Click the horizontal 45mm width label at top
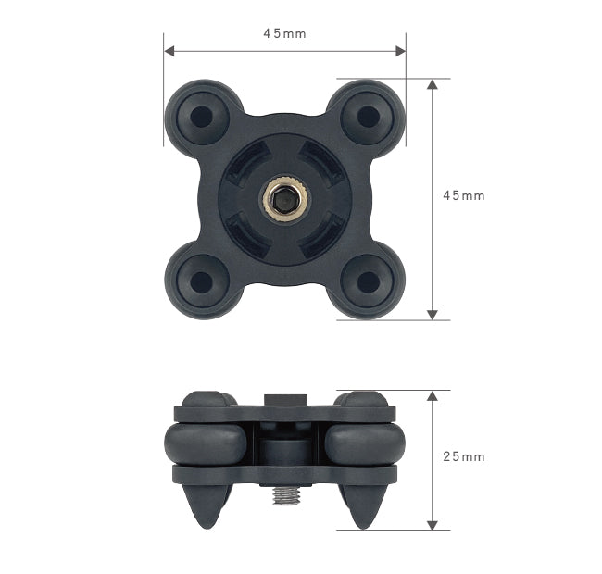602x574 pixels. coord(284,33)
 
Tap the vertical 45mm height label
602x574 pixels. coord(463,196)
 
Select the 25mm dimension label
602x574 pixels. coord(463,457)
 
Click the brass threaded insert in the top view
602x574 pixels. coord(284,198)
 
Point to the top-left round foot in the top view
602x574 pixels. coord(200,117)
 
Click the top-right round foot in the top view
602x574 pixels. coord(369,117)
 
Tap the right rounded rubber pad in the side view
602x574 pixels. coord(363,444)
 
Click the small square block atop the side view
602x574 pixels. coord(283,400)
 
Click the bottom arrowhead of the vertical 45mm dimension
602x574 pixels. coord(432,315)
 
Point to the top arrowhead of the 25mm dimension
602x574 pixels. coord(432,395)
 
